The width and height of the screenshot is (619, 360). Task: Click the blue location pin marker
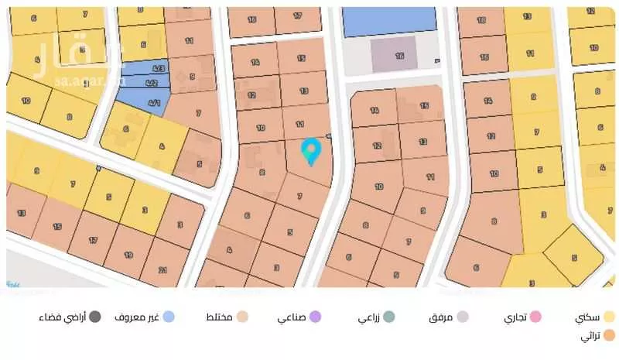(x=311, y=150)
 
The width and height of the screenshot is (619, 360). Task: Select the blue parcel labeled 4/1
(x=152, y=102)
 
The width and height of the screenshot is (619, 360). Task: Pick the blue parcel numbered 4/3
(x=158, y=68)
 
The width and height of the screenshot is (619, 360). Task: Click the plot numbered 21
(x=162, y=269)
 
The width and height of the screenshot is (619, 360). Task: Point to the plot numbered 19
(x=128, y=254)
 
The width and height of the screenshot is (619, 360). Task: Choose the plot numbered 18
(x=481, y=19)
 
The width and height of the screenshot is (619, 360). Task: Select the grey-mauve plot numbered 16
(x=398, y=55)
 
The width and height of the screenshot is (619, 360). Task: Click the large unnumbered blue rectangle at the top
(x=389, y=21)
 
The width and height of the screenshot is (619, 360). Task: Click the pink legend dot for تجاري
(x=535, y=317)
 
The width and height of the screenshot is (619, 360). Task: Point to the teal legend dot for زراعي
(x=389, y=317)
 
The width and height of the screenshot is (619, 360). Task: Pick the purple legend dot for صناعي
(x=315, y=317)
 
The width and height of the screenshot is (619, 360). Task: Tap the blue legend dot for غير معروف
(x=169, y=317)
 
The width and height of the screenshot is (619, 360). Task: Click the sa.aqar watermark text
(x=87, y=78)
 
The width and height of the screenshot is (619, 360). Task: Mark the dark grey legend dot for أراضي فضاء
(x=94, y=317)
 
